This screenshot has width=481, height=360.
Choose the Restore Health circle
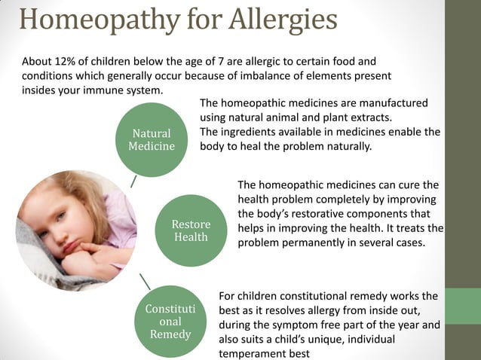click(191, 230)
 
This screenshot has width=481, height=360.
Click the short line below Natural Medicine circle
click(133, 182)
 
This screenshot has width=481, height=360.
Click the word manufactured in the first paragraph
click(393, 102)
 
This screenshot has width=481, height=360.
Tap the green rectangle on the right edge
click(463, 305)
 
